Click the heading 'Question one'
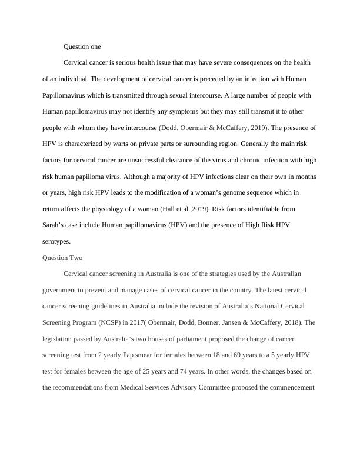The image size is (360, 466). [x=82, y=46]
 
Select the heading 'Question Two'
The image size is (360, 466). [x=63, y=258]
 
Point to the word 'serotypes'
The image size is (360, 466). [x=57, y=241]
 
